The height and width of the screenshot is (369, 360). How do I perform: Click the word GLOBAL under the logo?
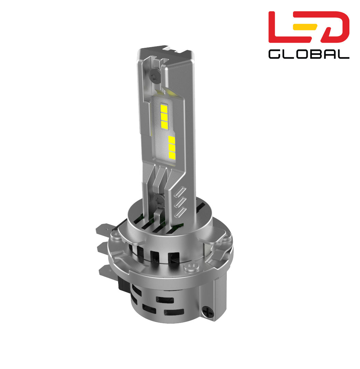pyautogui.click(x=309, y=54)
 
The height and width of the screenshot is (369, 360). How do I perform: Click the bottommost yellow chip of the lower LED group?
pyautogui.click(x=172, y=156)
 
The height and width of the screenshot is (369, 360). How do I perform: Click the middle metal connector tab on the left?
pyautogui.click(x=104, y=248)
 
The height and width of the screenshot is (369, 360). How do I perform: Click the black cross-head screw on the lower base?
pyautogui.click(x=208, y=311)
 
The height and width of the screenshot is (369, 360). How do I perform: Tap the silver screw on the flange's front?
pyautogui.click(x=188, y=266)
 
